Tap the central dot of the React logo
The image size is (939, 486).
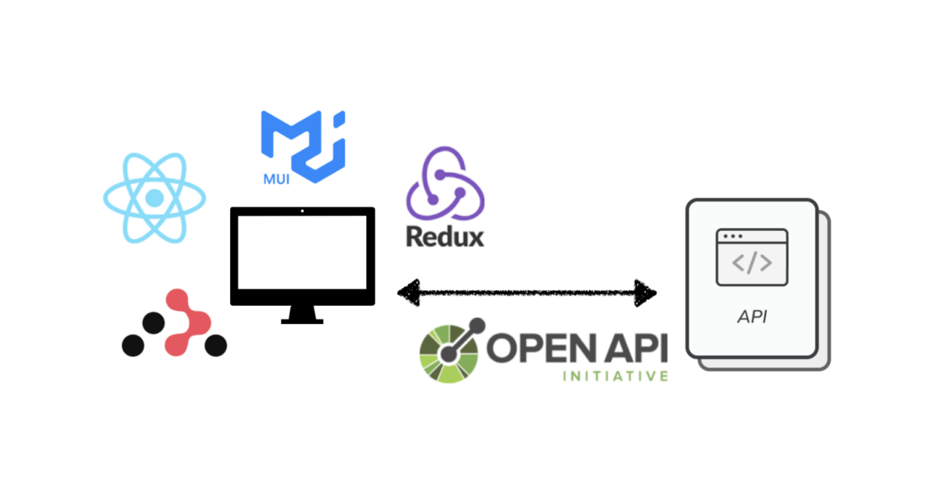[154, 198]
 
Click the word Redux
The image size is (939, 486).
[444, 236]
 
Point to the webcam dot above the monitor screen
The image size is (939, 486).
[303, 211]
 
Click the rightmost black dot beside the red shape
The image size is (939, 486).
[214, 344]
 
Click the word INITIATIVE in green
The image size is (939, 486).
[616, 377]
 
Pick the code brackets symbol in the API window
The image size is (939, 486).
[751, 263]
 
